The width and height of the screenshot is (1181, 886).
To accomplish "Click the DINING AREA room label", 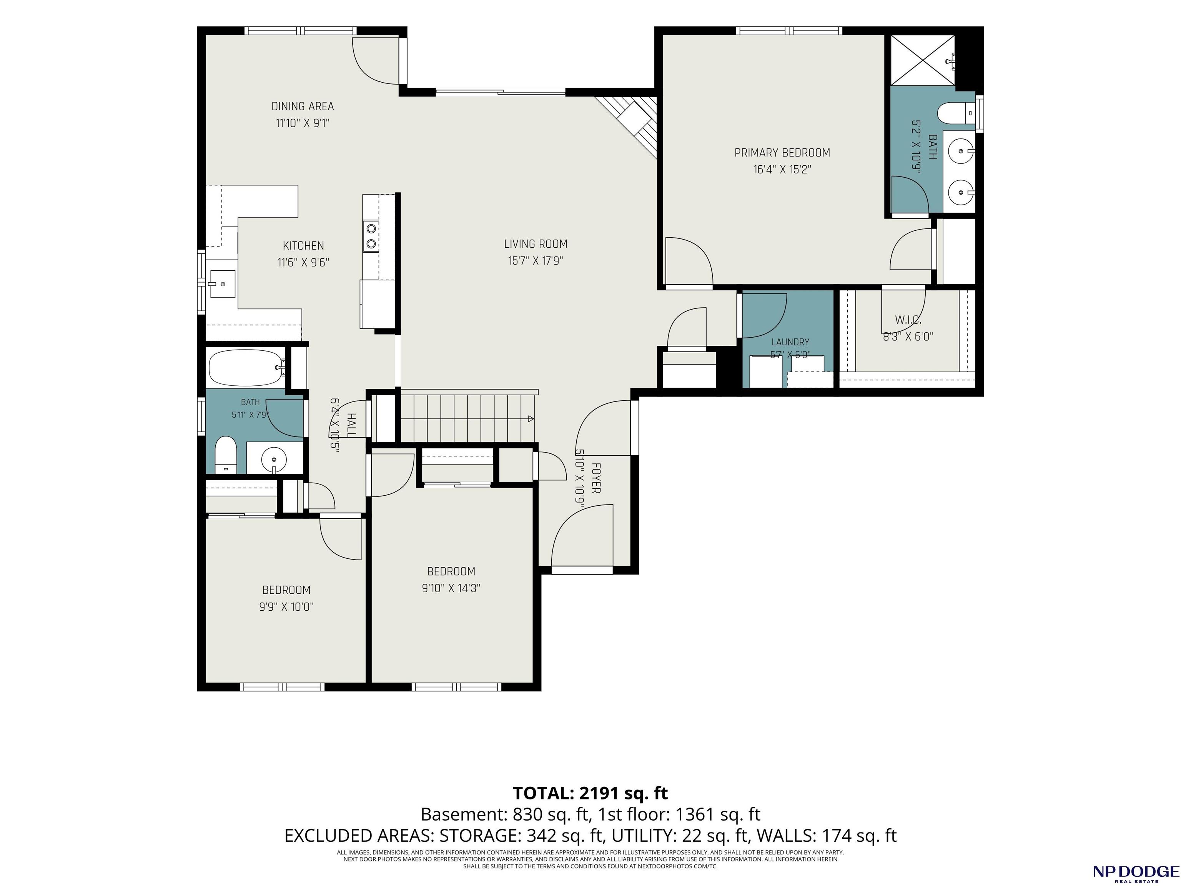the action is (302, 106).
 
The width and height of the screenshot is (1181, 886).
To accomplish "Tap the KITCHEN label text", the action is (303, 246).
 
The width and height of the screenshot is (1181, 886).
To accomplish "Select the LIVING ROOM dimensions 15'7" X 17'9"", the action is (536, 261).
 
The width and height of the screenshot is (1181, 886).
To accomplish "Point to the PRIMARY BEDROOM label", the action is (782, 153).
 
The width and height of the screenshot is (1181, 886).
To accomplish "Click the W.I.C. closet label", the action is (908, 320).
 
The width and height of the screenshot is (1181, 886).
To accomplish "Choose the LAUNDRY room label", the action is (790, 342).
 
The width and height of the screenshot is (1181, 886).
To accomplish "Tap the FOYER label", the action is (596, 478).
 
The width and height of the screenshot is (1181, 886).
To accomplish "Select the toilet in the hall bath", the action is (225, 455).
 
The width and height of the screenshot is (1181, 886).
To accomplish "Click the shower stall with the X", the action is (920, 59).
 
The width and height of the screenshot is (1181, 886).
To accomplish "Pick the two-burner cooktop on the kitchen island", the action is (371, 236).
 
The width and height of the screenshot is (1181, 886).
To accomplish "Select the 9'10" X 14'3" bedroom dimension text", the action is (451, 588).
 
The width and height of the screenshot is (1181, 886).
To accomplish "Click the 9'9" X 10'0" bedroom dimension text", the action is (286, 607).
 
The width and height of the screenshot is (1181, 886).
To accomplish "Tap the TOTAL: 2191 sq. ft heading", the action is (590, 793).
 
